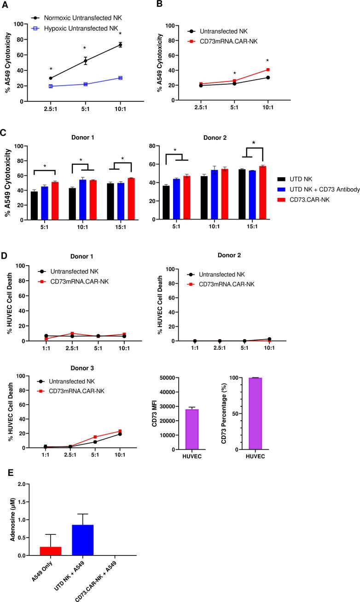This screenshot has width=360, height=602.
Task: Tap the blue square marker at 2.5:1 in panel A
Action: [x=51, y=86]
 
